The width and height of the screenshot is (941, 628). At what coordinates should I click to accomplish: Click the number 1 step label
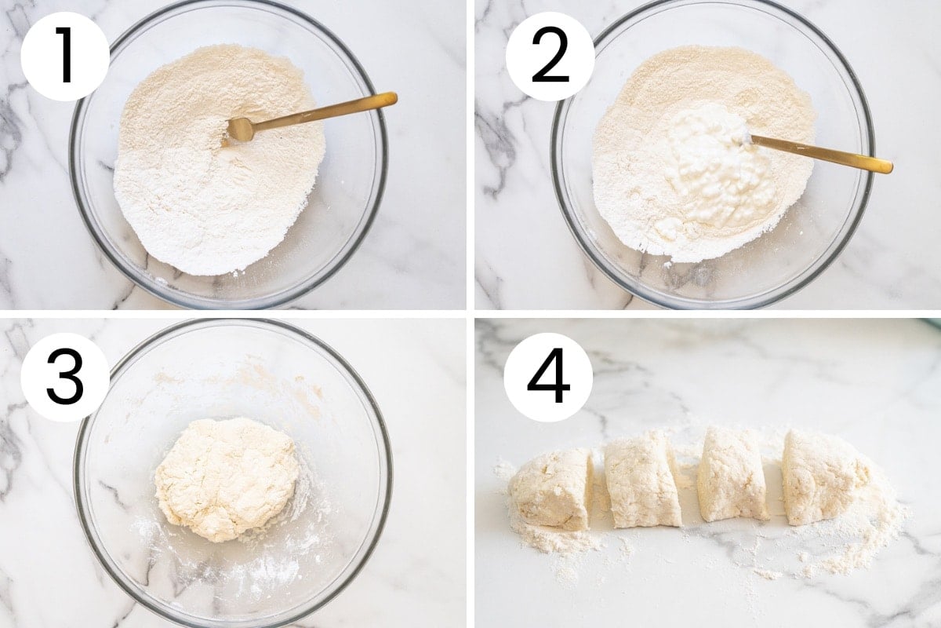click(65, 57)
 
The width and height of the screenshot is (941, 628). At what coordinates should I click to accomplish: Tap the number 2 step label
click(550, 57)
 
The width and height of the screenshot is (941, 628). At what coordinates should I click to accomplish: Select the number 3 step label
click(65, 378)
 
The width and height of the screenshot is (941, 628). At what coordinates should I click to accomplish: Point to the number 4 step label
click(548, 378)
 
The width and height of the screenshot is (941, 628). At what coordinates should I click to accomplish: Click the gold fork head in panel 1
click(239, 130)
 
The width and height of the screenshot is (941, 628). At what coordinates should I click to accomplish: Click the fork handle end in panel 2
click(885, 167)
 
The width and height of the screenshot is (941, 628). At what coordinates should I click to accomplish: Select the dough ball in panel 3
click(227, 480)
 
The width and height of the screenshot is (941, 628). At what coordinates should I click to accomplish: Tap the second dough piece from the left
click(643, 480)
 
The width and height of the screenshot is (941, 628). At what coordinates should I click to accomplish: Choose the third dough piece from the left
click(733, 475)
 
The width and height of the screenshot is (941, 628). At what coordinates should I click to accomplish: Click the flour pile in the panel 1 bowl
click(220, 160)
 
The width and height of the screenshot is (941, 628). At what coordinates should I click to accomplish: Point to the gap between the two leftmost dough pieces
click(598, 488)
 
